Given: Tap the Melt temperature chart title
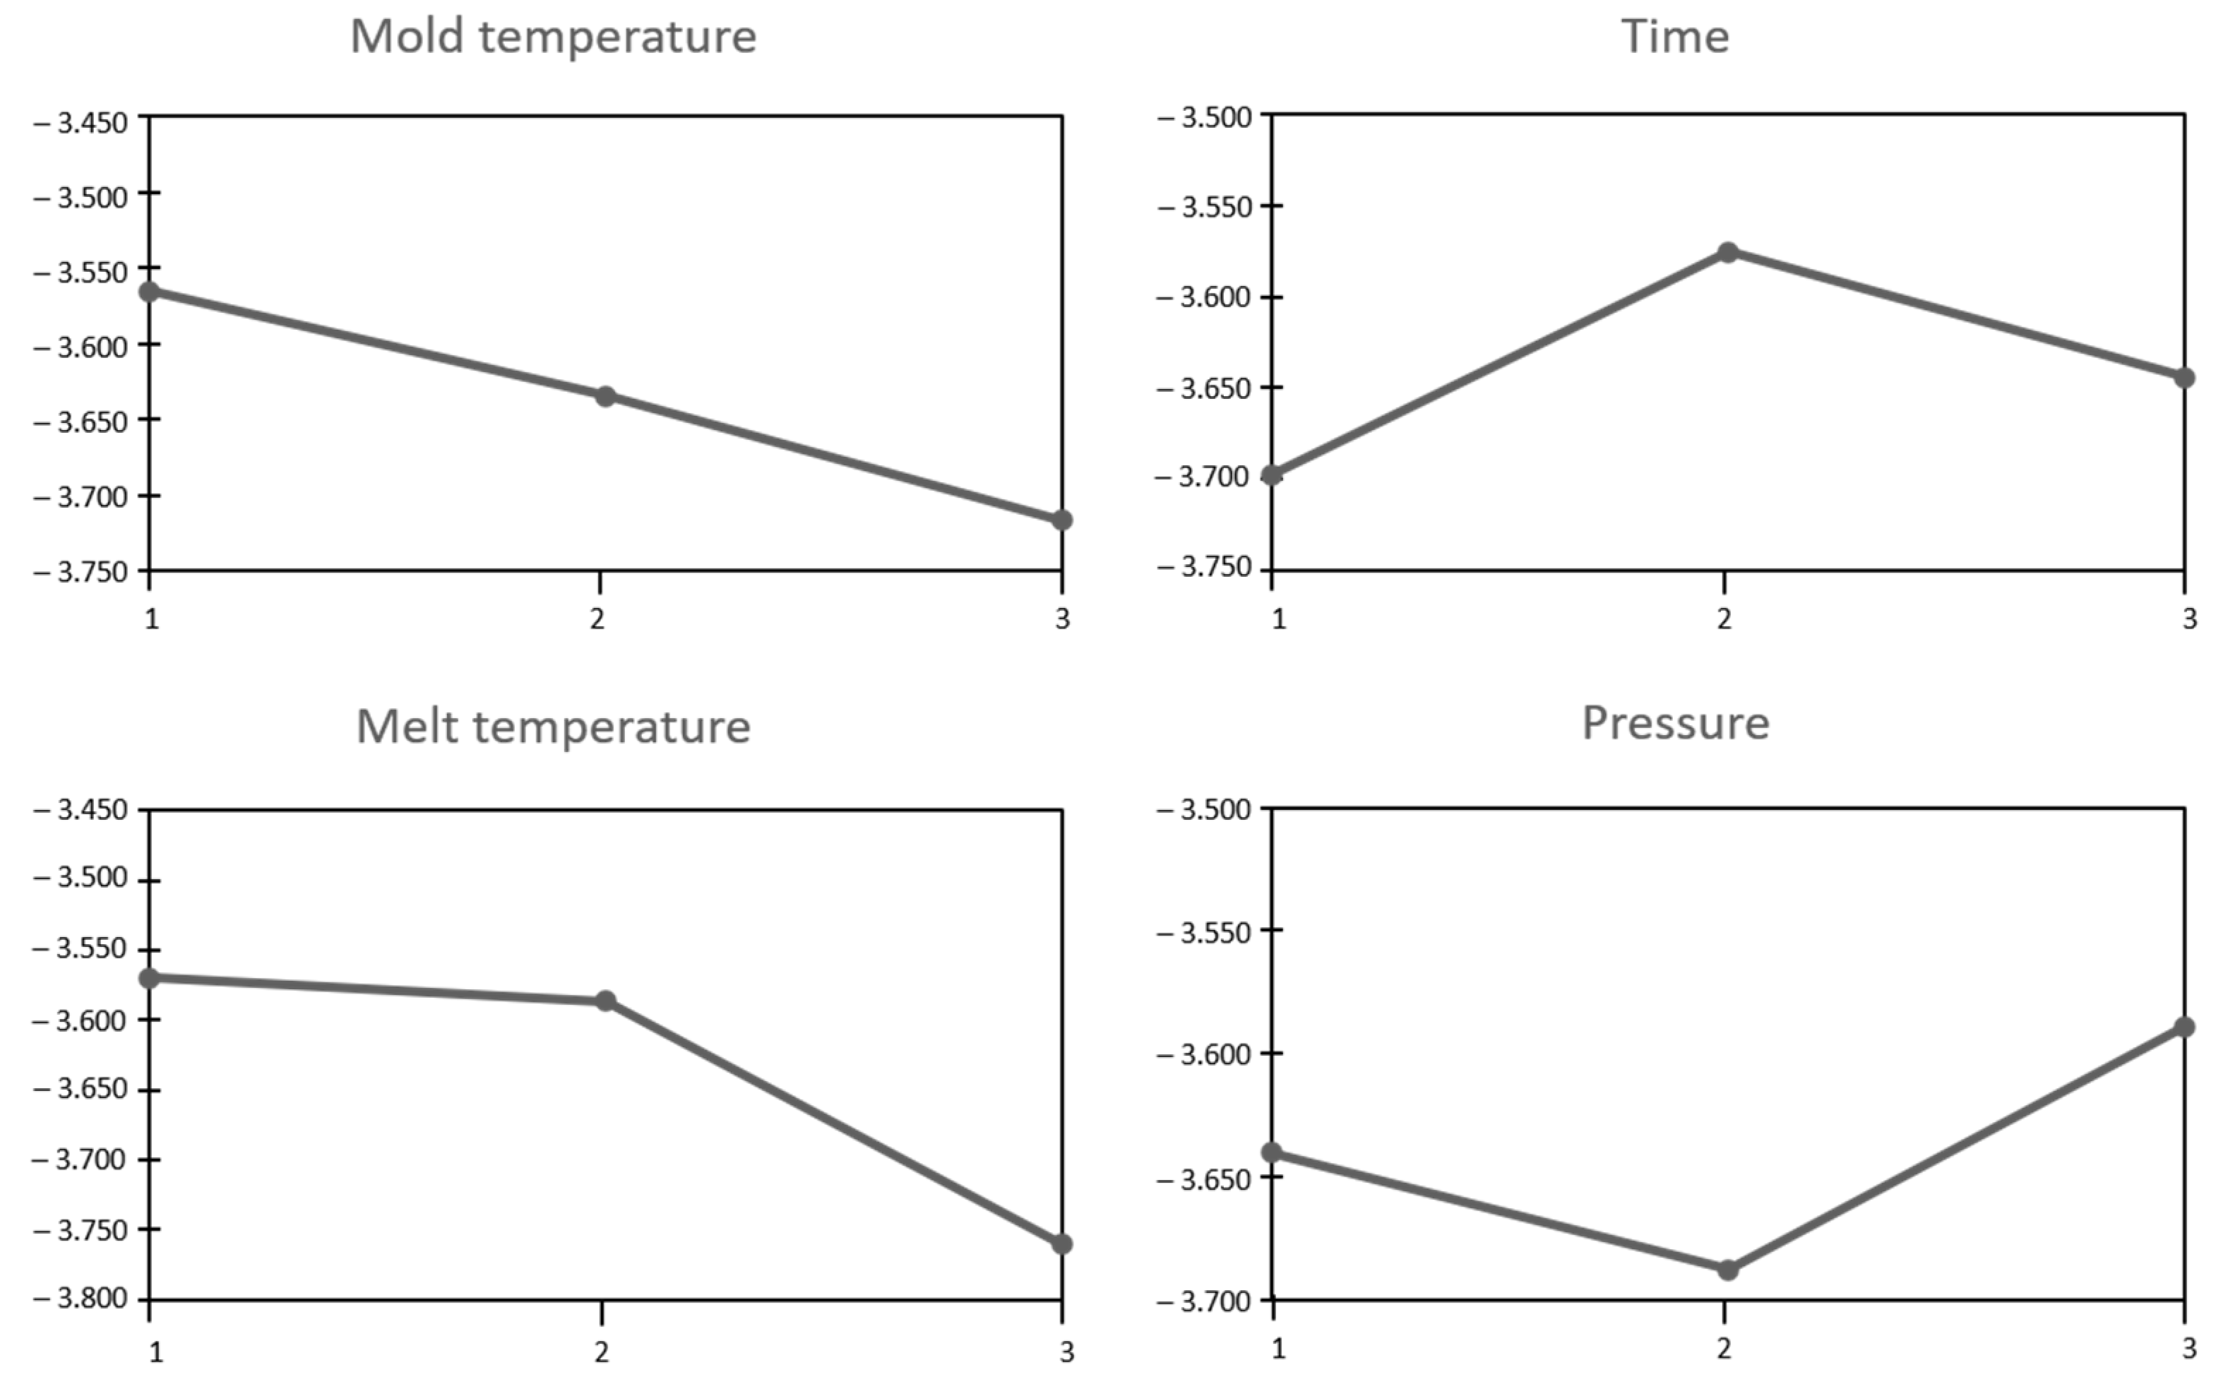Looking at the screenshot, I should click(553, 727).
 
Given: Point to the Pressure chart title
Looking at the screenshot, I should click(1675, 723).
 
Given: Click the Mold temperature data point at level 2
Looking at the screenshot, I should click(604, 397).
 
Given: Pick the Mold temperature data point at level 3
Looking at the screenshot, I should click(1062, 520).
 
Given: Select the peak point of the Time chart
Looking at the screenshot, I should click(1727, 252).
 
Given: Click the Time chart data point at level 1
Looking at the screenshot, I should click(1273, 475).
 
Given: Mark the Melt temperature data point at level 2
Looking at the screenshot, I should click(604, 1001).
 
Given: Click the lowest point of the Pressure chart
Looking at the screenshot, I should click(1727, 1270).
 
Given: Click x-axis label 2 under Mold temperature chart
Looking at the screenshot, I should click(597, 619).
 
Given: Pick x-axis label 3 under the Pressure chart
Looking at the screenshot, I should click(2189, 1349).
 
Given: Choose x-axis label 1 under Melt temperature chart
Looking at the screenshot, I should click(156, 1353).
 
